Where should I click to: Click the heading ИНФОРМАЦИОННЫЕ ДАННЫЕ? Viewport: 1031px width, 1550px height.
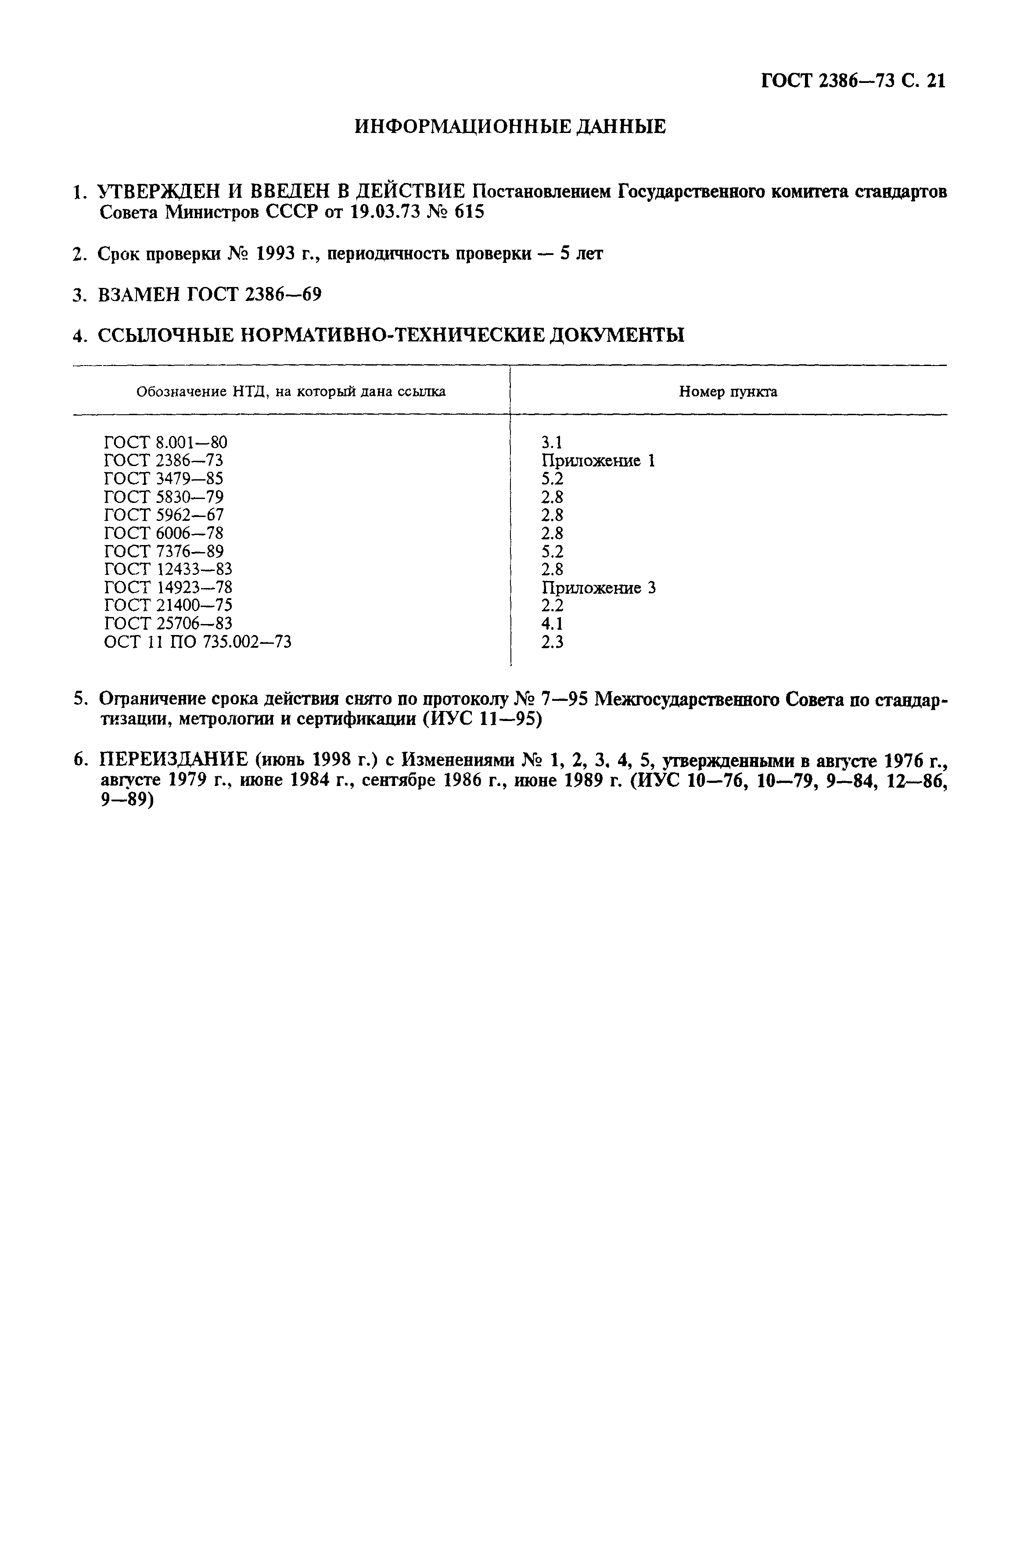[x=510, y=126]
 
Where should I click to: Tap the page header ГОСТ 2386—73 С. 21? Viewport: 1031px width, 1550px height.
[x=853, y=81]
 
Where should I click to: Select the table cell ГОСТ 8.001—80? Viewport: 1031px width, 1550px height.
[x=166, y=442]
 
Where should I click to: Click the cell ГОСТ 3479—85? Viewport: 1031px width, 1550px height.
[x=164, y=478]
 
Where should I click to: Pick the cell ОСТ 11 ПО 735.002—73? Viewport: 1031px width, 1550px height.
[x=197, y=642]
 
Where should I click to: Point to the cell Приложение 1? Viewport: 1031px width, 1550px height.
[x=598, y=461]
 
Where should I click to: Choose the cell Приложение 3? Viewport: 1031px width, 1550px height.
[x=598, y=588]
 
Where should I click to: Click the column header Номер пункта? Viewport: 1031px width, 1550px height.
[x=728, y=392]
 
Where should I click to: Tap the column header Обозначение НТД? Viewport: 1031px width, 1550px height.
[x=291, y=392]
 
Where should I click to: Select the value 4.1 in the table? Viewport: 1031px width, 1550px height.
[x=552, y=624]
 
